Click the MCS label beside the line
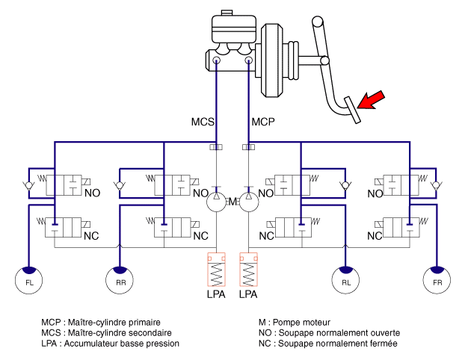pos(202,121)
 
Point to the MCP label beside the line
pos(263,121)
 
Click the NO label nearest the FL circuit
pos(92,193)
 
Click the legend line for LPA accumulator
pos(110,343)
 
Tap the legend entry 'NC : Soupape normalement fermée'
pos(327,343)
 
